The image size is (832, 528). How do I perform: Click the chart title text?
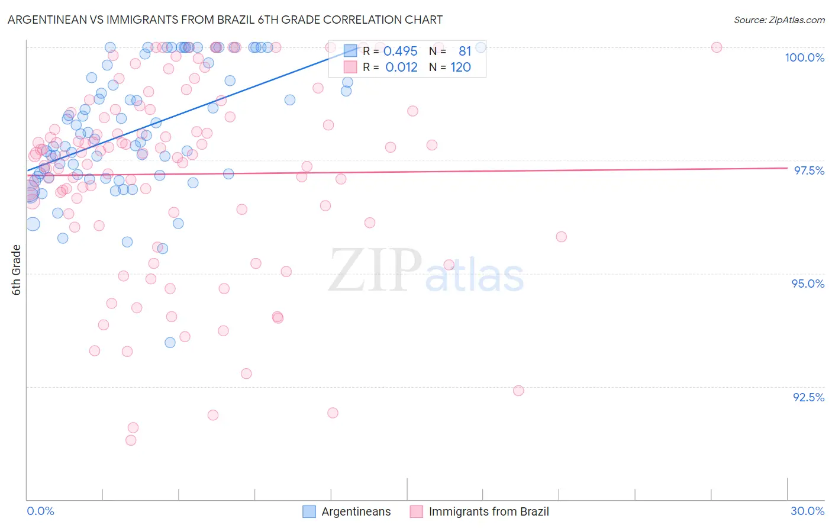pyautogui.click(x=225, y=20)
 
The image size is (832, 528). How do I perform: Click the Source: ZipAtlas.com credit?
pyautogui.click(x=779, y=20)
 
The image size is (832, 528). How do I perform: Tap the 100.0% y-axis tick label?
pyautogui.click(x=804, y=57)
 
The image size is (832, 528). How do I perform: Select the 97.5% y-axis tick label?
pyautogui.click(x=808, y=170)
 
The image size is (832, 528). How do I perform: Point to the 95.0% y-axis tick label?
pyautogui.click(x=808, y=284)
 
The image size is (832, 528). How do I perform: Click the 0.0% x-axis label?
pyautogui.click(x=40, y=511)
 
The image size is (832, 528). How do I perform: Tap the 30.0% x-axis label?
pyautogui.click(x=807, y=511)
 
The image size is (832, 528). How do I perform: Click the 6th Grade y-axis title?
pyautogui.click(x=17, y=269)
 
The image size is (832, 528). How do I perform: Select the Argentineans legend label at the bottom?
pyautogui.click(x=356, y=511)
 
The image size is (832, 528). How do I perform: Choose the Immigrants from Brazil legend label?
pyautogui.click(x=488, y=511)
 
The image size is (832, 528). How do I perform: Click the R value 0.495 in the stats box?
pyautogui.click(x=401, y=51)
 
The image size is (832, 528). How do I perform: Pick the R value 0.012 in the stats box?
pyautogui.click(x=401, y=67)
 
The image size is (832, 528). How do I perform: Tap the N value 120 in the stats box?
pyautogui.click(x=460, y=67)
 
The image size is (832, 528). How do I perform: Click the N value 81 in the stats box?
pyautogui.click(x=465, y=51)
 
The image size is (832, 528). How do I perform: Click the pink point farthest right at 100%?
pyautogui.click(x=717, y=47)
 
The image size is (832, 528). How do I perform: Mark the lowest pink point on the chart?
pyautogui.click(x=131, y=440)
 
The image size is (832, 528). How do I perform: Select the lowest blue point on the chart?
pyautogui.click(x=170, y=343)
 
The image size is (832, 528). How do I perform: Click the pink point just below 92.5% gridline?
pyautogui.click(x=518, y=391)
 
